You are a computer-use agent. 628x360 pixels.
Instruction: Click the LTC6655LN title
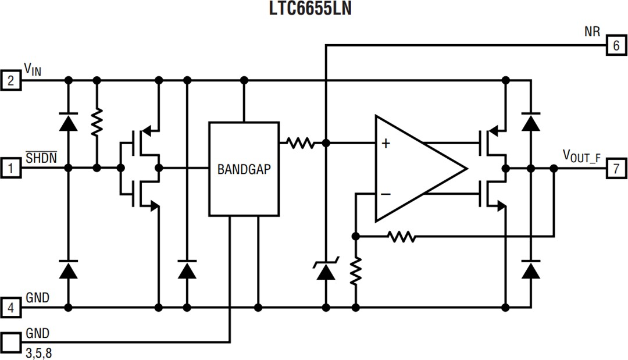point(314,10)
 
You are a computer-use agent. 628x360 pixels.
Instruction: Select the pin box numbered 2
point(11,80)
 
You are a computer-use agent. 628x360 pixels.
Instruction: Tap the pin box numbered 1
point(11,168)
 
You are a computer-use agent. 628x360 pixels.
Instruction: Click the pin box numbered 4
point(11,306)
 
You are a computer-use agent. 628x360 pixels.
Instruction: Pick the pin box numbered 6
point(616,45)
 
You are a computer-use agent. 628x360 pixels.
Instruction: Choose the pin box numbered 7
point(616,168)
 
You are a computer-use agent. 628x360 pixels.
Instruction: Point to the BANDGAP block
point(244,169)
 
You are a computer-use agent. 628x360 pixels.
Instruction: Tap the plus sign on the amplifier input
point(386,144)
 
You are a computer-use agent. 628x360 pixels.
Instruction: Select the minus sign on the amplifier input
point(386,194)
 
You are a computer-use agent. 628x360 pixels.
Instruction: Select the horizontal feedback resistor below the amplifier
point(401,236)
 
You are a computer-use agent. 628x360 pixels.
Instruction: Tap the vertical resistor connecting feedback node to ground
point(355,271)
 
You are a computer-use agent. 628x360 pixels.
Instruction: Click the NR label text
point(592,32)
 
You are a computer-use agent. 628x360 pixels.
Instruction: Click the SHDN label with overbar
point(40,156)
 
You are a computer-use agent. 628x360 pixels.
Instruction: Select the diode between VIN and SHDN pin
point(69,123)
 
